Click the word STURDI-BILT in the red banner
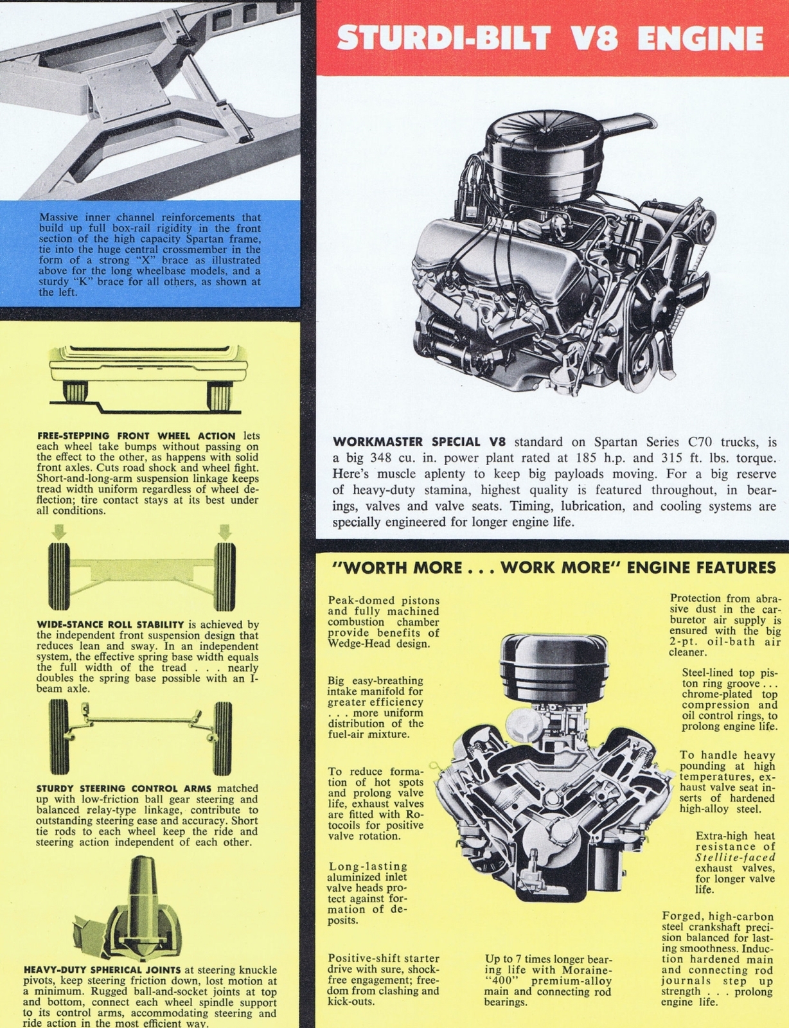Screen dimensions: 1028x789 [x=443, y=38]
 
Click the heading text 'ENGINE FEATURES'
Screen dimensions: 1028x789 [x=701, y=567]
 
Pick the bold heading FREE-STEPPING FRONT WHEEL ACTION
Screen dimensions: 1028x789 [x=136, y=436]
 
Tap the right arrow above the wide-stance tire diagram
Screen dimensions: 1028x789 [x=224, y=531]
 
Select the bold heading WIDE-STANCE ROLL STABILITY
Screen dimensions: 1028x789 [x=111, y=625]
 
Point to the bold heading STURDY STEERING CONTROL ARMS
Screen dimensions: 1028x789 [x=125, y=788]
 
